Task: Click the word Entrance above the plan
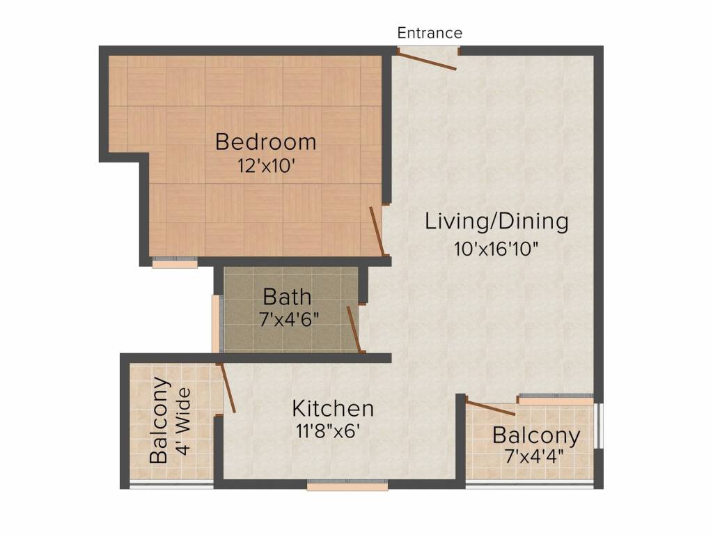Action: pos(430,33)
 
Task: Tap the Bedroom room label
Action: pos(265,141)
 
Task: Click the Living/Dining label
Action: pos(496,222)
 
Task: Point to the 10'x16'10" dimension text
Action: pos(496,249)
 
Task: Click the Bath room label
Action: pos(288,297)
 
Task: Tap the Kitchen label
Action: pos(333,408)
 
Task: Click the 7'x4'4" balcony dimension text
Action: pos(535,456)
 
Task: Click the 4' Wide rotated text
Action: pos(184,421)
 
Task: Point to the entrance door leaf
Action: pos(427,61)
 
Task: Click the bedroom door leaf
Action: pos(377,231)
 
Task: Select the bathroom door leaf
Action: pos(354,329)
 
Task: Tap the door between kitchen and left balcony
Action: pos(227,387)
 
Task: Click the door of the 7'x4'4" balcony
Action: pos(491,408)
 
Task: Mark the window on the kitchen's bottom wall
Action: pos(347,485)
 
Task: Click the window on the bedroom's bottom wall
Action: pos(175,263)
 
